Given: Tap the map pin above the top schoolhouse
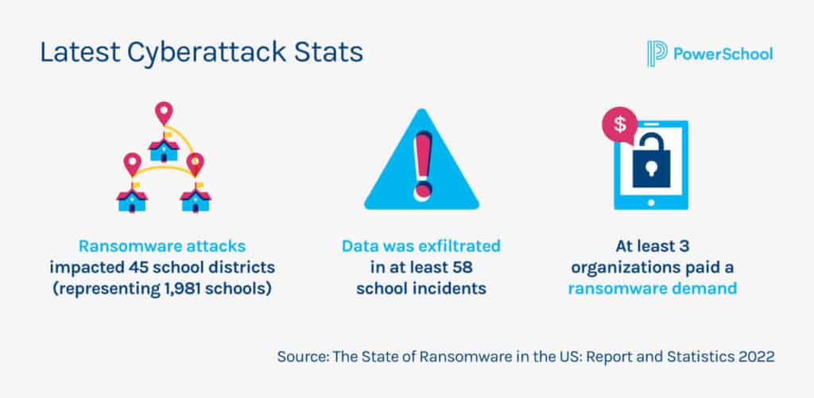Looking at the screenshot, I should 164,113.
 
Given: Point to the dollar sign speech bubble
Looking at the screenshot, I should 619,125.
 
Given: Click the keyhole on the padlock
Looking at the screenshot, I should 651,169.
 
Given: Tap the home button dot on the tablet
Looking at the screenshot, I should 651,203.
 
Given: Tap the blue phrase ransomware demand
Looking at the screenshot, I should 652,288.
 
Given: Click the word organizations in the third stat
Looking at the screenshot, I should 634,267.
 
